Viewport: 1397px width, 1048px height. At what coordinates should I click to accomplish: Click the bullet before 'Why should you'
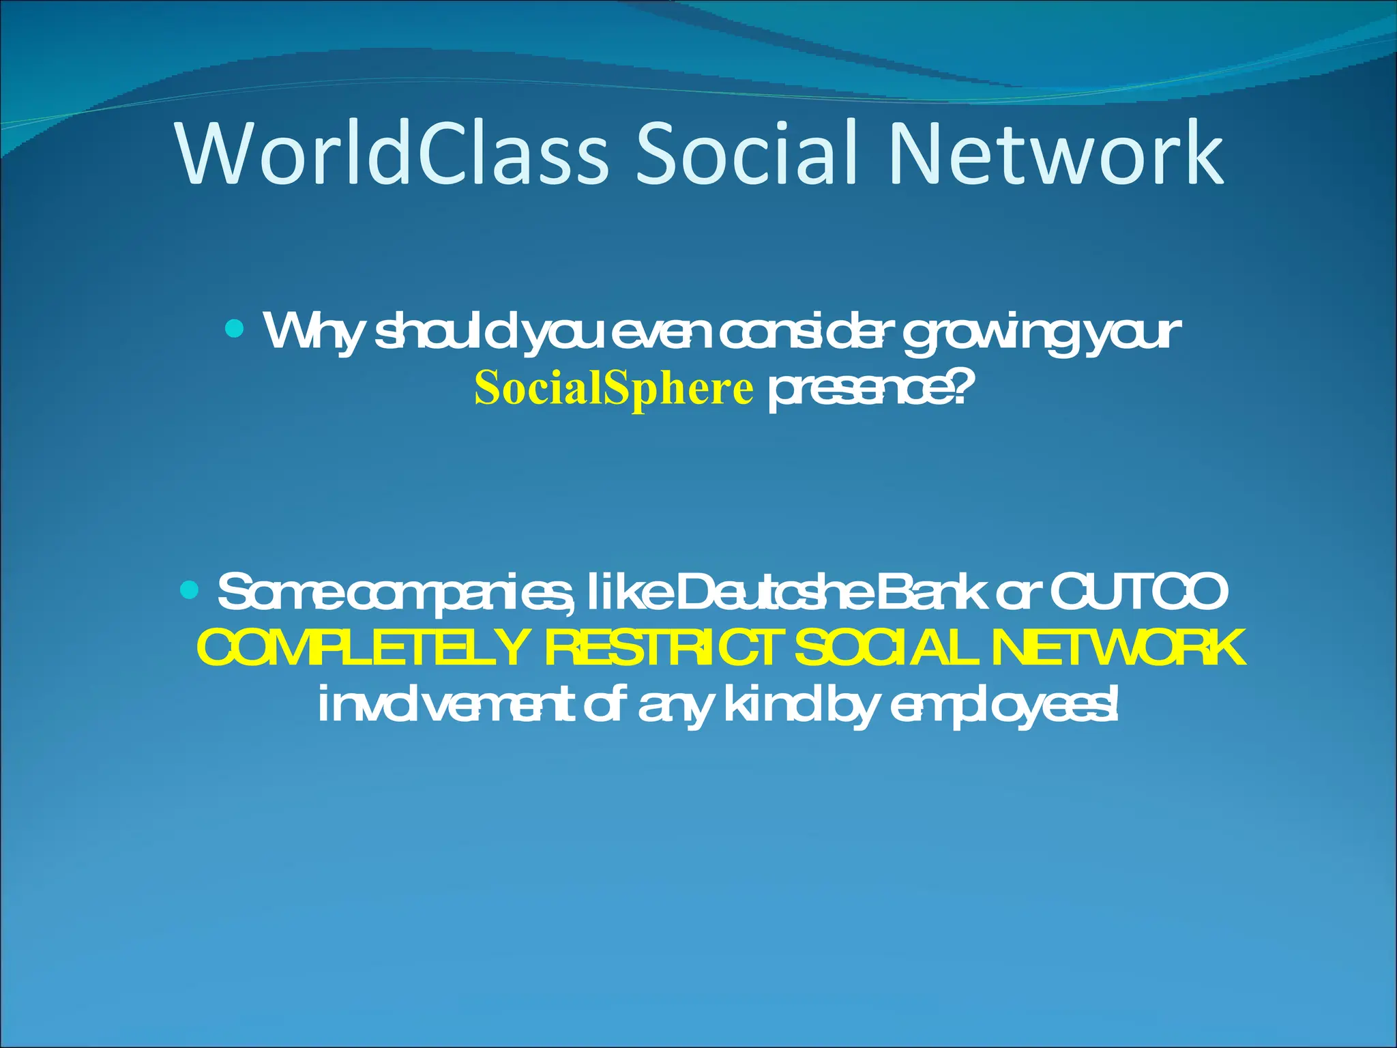234,330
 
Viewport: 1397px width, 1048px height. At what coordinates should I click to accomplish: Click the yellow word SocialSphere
614,389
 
